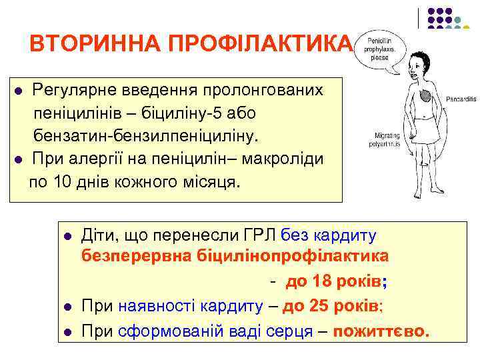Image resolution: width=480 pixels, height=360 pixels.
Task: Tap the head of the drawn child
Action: pyautogui.click(x=415, y=59)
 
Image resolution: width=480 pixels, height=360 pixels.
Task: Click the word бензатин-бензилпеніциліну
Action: pyautogui.click(x=145, y=136)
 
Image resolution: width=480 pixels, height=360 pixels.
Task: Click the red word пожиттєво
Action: pyautogui.click(x=381, y=331)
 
